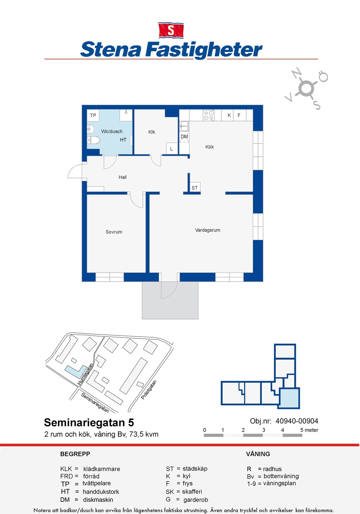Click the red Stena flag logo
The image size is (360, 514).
click(171, 30)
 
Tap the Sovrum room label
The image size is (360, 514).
click(114, 232)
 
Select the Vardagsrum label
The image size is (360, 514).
click(208, 230)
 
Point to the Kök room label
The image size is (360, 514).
click(210, 147)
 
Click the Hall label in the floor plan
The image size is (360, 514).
click(123, 177)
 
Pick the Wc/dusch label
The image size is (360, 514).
click(112, 131)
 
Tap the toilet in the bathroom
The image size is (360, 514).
click(94, 140)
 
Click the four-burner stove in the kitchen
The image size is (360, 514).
click(209, 115)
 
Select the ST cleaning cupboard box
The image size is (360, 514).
click(195, 187)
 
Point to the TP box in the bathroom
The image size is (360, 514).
click(93, 115)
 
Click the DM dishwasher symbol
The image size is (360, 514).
click(184, 137)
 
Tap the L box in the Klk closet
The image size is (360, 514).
click(172, 149)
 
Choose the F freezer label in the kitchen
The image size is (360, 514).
click(239, 115)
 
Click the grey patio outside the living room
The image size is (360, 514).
click(170, 300)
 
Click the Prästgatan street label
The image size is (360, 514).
click(149, 390)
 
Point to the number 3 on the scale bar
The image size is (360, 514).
click(264, 430)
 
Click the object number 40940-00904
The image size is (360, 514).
click(297, 421)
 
